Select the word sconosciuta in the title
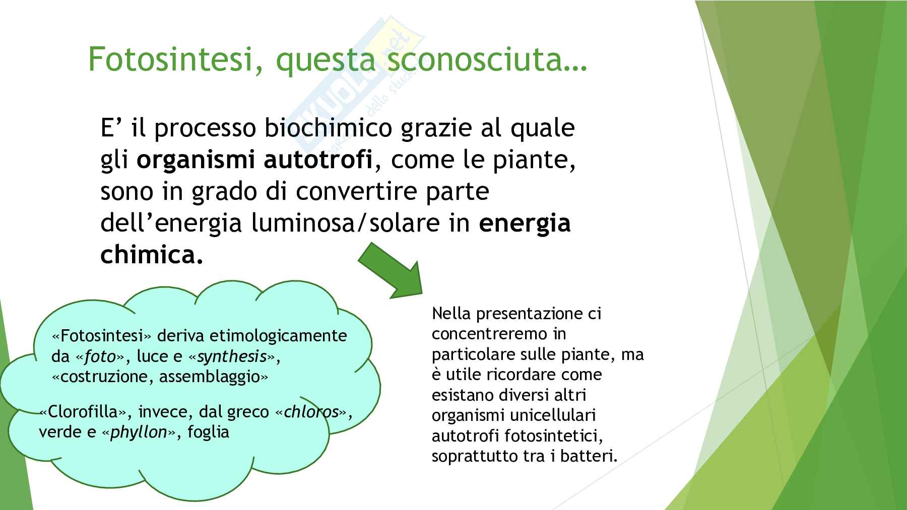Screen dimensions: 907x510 [x=474, y=59]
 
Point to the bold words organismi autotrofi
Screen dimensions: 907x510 [x=254, y=160]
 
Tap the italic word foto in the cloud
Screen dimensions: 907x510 [x=100, y=356]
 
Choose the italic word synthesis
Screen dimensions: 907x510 [x=232, y=357]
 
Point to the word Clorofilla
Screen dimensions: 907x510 [x=82, y=412]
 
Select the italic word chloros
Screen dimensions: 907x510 [x=311, y=412]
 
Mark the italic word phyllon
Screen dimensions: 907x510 [x=139, y=432]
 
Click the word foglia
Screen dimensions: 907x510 [x=209, y=432]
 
